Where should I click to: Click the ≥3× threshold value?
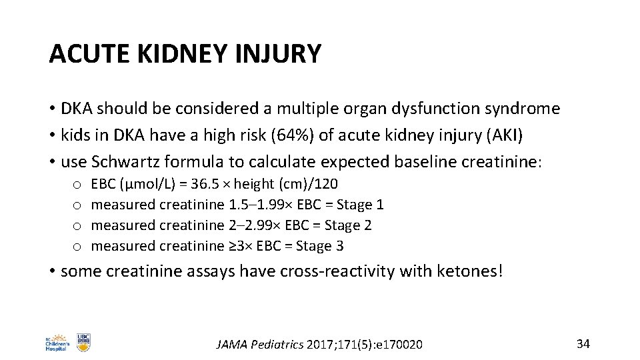click(239, 246)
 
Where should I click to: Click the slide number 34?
click(583, 343)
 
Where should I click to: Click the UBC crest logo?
click(83, 342)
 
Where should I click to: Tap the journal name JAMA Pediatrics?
click(261, 344)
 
